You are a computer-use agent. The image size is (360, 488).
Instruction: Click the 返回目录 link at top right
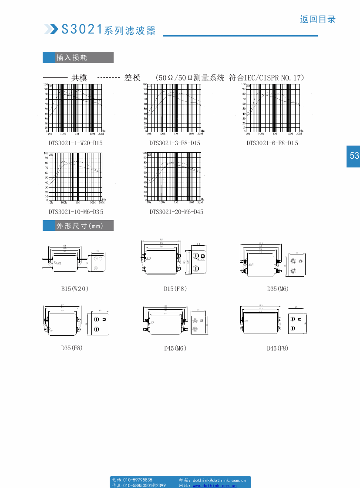[318, 19]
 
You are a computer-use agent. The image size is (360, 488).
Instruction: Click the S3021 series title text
[108, 30]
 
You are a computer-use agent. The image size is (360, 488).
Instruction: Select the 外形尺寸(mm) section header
[78, 226]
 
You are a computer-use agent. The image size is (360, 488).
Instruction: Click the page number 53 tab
[354, 155]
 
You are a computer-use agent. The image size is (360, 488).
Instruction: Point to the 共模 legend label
[79, 78]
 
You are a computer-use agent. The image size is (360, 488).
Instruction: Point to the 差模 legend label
[132, 78]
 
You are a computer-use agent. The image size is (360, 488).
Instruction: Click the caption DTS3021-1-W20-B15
[76, 143]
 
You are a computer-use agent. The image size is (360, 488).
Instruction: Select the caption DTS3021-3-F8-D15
[175, 143]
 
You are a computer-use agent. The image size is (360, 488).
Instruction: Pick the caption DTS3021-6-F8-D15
[273, 143]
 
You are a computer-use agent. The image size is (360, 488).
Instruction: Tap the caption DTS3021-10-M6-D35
[76, 212]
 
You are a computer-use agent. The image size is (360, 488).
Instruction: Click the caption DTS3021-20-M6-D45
[176, 212]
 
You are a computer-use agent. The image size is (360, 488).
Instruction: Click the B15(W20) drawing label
[75, 288]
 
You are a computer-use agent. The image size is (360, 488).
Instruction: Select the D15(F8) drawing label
[175, 288]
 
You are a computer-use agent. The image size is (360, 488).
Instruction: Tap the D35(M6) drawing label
[278, 288]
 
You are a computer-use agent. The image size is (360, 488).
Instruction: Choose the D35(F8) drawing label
[72, 348]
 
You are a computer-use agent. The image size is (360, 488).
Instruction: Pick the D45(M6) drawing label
[175, 348]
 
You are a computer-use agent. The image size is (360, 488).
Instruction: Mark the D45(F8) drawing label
[278, 348]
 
